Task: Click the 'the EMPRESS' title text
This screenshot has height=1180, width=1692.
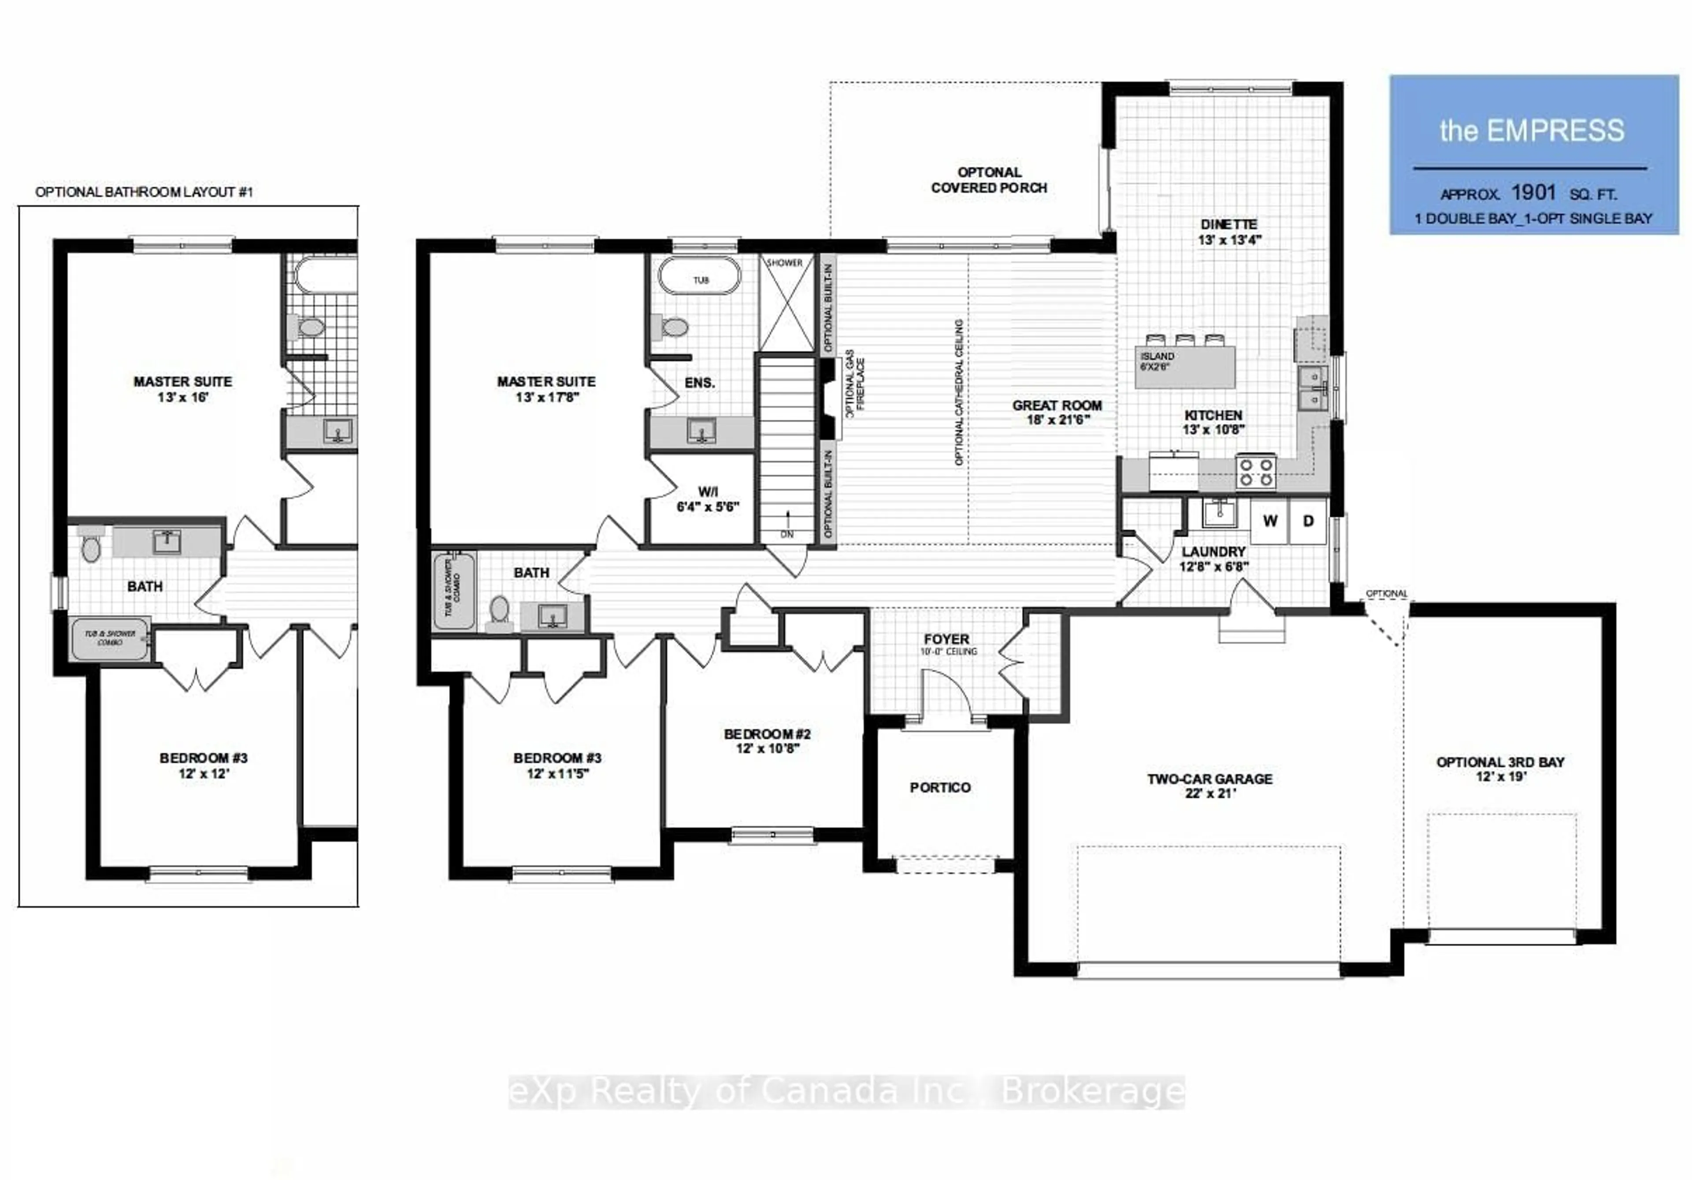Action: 1531,130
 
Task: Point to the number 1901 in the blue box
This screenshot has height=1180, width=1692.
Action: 1533,193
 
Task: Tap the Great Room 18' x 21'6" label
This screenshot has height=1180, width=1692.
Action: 1057,412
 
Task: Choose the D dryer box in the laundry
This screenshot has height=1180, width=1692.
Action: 1308,521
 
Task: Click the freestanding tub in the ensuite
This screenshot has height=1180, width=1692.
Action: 699,275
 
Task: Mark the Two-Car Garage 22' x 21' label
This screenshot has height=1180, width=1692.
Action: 1210,785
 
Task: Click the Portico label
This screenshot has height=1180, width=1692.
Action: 939,787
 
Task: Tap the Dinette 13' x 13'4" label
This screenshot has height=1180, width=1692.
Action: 1228,231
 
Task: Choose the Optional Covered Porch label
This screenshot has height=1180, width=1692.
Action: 988,180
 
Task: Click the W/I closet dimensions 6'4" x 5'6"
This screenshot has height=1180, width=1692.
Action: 708,506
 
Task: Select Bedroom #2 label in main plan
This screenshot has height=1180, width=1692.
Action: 767,741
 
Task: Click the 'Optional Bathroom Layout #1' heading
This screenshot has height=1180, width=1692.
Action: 145,192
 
